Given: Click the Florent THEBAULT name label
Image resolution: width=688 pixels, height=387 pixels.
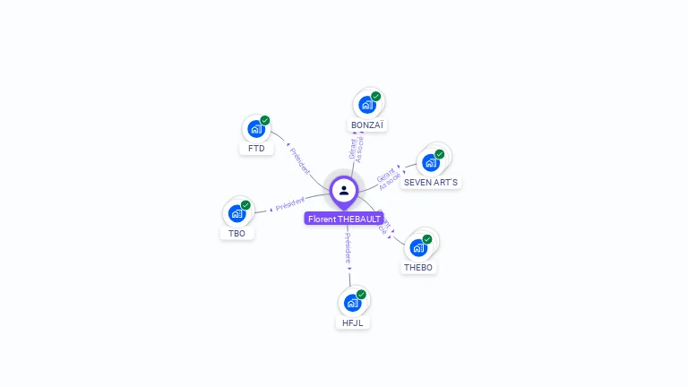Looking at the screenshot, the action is click(x=344, y=219).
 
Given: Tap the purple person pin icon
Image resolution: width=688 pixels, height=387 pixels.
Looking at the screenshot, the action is click(x=344, y=190).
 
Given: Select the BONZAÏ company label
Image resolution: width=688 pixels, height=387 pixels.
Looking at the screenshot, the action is click(x=367, y=125).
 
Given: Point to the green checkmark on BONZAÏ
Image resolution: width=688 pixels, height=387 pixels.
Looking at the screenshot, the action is click(x=376, y=96).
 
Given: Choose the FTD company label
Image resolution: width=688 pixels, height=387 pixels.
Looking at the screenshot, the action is click(x=257, y=149).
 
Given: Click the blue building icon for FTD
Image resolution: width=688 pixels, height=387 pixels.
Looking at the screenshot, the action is click(x=255, y=128).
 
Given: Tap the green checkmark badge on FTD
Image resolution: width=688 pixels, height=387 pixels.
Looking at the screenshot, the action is click(x=265, y=120).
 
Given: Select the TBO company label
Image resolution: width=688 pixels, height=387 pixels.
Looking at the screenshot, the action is click(x=236, y=233).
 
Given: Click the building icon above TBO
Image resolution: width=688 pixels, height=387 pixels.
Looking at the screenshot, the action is click(x=236, y=213).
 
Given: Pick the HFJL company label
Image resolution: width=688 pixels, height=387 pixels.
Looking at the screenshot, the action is click(x=353, y=322).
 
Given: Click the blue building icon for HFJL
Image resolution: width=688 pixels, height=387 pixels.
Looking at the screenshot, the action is click(x=352, y=303).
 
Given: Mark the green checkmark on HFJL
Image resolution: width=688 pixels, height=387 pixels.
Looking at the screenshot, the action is click(x=361, y=294).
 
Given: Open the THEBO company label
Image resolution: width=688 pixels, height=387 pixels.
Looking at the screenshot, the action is click(x=418, y=267).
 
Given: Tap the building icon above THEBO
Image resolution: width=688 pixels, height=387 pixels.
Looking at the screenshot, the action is click(x=417, y=247).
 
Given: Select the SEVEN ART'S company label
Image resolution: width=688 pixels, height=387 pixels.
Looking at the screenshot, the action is click(x=431, y=183).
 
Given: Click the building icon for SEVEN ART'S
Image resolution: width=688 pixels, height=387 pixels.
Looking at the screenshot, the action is click(x=431, y=162).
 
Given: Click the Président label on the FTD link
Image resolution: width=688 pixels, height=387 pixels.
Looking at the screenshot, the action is click(x=299, y=158).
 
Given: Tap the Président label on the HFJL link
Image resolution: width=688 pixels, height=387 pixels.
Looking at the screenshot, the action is click(x=348, y=248).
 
